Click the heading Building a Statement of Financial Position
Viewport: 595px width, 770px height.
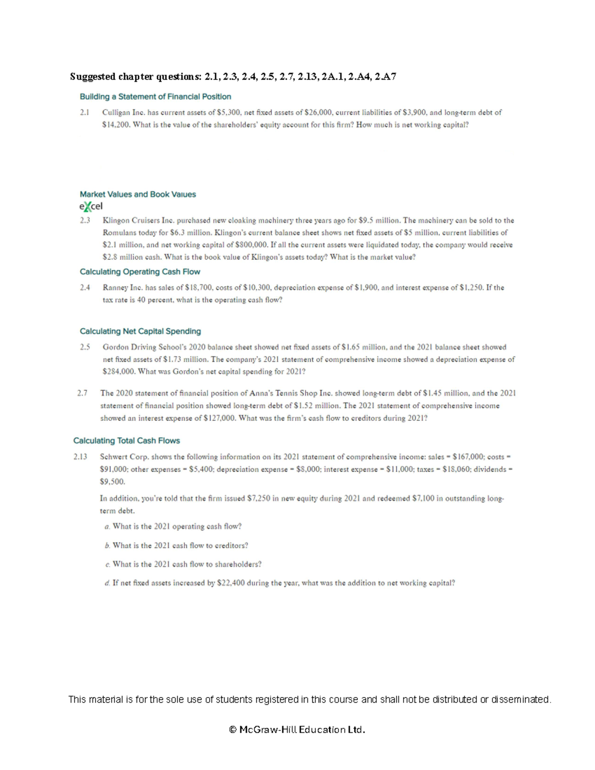155,97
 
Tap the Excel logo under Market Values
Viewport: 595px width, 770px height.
91,206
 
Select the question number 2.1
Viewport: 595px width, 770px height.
84,113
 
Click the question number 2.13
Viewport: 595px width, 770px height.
80,457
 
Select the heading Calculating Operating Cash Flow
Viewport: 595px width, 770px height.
140,272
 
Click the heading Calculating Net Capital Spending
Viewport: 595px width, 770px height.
140,331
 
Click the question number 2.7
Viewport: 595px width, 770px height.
82,393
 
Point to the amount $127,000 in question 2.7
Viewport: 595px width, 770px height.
220,418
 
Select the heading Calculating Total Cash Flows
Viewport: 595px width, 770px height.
126,441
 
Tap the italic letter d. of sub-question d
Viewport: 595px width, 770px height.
107,584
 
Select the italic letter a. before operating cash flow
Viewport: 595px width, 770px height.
107,527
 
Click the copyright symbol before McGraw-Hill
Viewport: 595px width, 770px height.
233,730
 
